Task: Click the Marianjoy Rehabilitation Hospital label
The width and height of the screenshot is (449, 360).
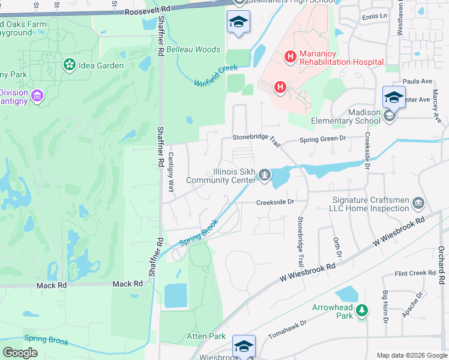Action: click(x=341, y=58)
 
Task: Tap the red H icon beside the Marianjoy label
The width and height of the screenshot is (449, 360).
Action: click(x=291, y=57)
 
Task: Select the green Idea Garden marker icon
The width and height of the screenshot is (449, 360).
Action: click(x=70, y=65)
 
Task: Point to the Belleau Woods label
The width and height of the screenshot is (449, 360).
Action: click(x=193, y=49)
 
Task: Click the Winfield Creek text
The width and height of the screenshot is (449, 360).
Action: click(x=216, y=76)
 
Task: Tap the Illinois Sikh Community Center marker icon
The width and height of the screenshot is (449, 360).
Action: click(x=265, y=175)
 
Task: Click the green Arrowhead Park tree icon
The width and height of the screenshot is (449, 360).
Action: click(x=361, y=311)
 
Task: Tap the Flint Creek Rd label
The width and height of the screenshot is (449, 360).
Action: click(x=415, y=273)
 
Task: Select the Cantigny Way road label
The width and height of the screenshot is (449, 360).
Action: click(x=170, y=172)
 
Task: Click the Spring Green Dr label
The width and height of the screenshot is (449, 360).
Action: click(x=323, y=139)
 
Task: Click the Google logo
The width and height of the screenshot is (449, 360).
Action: click(x=20, y=352)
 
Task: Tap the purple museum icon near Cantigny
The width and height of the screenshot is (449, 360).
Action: click(x=37, y=95)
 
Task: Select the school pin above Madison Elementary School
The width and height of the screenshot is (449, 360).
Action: click(x=394, y=97)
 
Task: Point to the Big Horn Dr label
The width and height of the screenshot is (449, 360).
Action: click(x=385, y=307)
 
